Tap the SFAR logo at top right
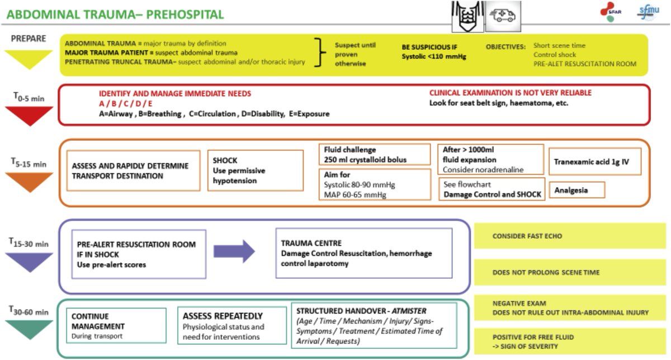click(610, 13)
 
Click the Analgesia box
click(577, 190)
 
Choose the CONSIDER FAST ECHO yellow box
click(570, 236)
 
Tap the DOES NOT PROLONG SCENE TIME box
click(570, 272)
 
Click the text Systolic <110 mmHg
click(434, 56)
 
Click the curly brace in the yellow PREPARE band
click(320, 53)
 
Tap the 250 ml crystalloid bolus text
click(365, 160)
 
